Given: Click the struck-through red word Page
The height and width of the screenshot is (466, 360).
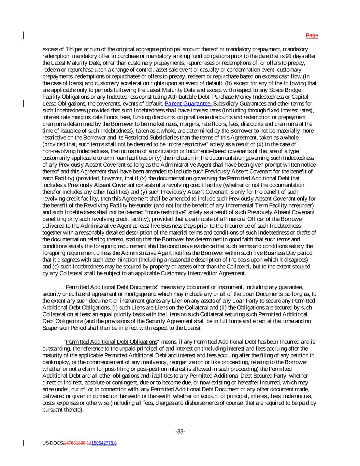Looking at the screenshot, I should (312, 36).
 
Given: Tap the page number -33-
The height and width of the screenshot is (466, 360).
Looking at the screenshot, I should (180, 432).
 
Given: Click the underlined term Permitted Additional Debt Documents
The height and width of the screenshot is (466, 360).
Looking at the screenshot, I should (111, 287).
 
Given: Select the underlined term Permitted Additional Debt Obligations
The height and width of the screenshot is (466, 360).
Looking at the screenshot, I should (111, 342).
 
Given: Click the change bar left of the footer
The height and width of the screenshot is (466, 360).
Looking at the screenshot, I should (23, 443).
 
